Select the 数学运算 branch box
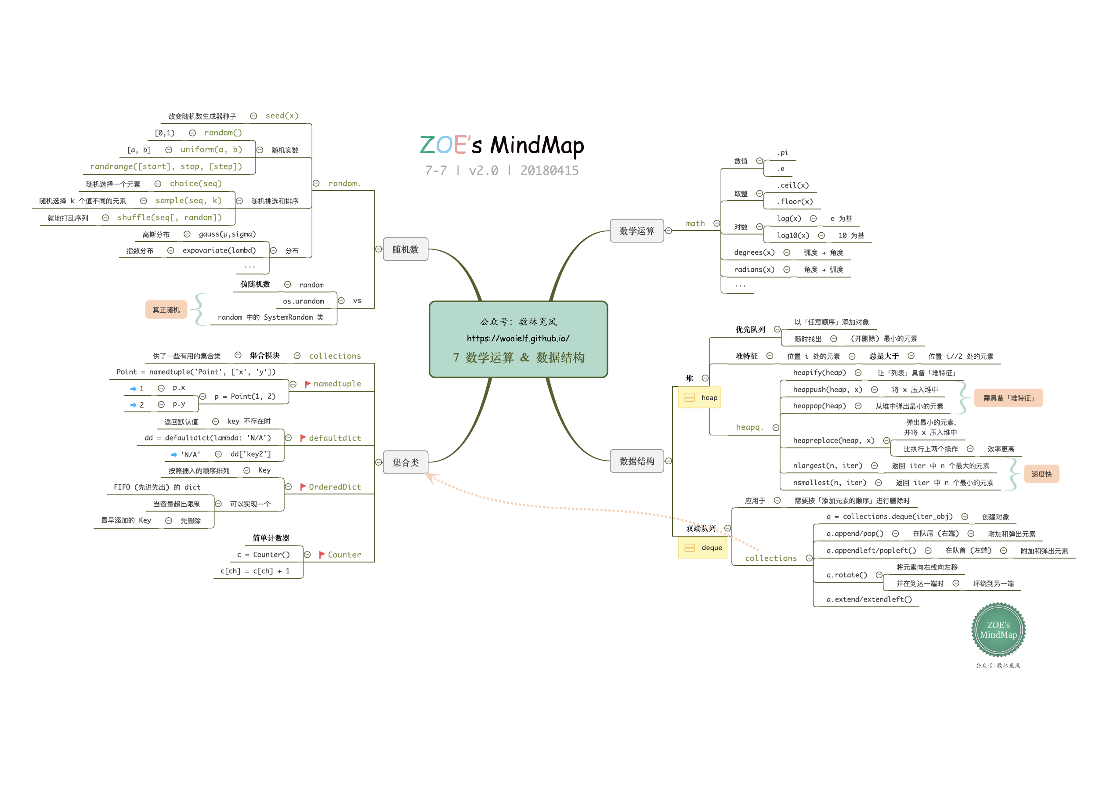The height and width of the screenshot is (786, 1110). coord(636,231)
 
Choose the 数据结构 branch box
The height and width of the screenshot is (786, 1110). coord(636,461)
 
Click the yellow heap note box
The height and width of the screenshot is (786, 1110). coord(699,397)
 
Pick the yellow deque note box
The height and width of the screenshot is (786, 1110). coord(702,548)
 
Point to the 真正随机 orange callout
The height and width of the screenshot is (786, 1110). coord(166,310)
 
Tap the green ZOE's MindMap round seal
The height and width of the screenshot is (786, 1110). coord(998,630)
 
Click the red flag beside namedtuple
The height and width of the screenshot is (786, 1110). coord(307,384)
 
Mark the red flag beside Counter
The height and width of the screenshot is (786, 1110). coord(322,555)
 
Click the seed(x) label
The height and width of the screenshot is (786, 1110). coord(282,115)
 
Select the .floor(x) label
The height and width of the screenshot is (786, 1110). coord(794,202)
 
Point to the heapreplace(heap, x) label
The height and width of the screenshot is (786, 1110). coord(833,440)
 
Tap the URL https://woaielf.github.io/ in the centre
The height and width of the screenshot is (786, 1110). coord(517,338)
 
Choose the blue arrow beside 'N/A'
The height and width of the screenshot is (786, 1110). coord(174,454)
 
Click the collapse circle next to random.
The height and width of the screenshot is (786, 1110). coord(316,184)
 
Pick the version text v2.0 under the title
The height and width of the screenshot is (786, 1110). coord(483,170)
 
